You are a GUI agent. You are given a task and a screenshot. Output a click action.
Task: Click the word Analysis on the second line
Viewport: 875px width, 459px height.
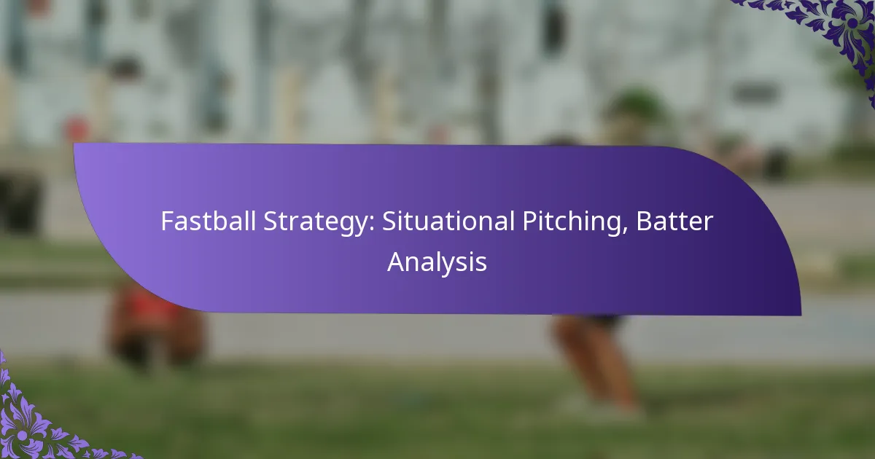click(x=437, y=262)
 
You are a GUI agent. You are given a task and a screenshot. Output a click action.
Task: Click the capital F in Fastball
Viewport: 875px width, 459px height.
click(x=166, y=221)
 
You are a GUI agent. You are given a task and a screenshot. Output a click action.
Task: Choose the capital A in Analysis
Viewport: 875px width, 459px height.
click(x=395, y=262)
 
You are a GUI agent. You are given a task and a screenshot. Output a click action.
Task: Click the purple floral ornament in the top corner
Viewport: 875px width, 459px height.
click(x=839, y=29)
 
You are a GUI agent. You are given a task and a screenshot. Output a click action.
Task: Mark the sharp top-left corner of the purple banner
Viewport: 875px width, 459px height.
click(x=74, y=144)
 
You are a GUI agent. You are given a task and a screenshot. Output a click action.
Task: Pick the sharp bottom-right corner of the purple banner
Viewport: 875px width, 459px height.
click(x=800, y=315)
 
